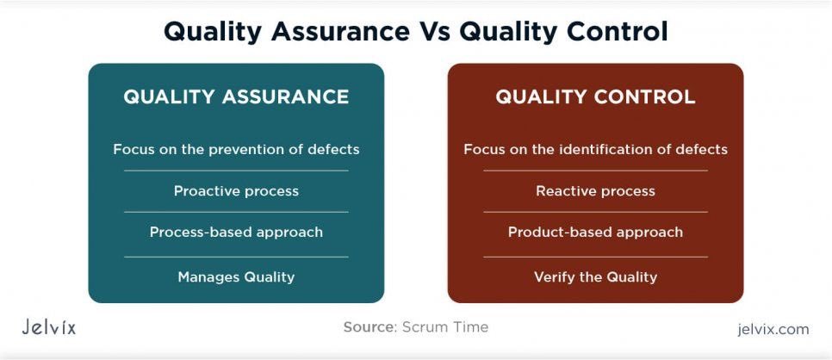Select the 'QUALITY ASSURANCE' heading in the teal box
[x=236, y=96]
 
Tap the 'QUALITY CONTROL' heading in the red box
[x=595, y=96]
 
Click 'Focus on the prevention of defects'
[x=236, y=149]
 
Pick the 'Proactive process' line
[x=236, y=190]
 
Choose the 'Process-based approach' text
[x=236, y=232]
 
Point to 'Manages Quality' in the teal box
[x=236, y=276]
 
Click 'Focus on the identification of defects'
[x=595, y=149]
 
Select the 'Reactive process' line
[x=595, y=190]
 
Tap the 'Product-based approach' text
[x=595, y=232]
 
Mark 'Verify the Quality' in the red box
[x=595, y=276]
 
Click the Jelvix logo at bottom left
[x=49, y=327]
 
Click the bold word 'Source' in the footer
[x=368, y=327]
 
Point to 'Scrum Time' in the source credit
[x=445, y=327]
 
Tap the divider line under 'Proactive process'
[x=236, y=212]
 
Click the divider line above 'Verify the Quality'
[x=595, y=257]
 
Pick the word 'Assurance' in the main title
[x=342, y=32]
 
